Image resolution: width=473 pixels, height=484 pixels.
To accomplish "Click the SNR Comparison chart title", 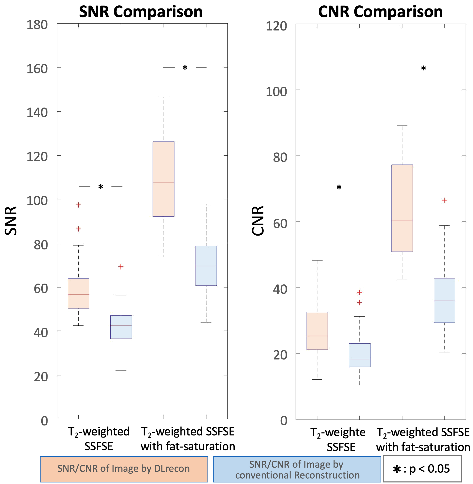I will tap(141, 12).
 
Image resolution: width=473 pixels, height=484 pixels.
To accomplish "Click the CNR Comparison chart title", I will tap(380, 12).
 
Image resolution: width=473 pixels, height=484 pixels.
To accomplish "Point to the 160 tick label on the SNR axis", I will tap(37, 69).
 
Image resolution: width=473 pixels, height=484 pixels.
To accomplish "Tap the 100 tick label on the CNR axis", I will tap(276, 92).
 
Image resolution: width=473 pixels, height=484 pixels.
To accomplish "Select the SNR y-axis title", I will tap(11, 221).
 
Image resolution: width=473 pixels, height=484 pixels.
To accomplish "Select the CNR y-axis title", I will tap(258, 221).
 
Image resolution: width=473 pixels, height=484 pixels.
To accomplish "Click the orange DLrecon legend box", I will tap(124, 469).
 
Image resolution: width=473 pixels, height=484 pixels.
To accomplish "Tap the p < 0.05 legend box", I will tap(422, 469).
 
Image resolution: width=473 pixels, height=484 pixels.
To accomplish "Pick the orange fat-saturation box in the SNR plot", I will tap(164, 179).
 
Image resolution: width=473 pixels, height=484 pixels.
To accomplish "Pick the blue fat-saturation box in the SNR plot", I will tap(206, 266).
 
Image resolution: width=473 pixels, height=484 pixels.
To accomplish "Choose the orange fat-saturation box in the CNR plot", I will tap(402, 208).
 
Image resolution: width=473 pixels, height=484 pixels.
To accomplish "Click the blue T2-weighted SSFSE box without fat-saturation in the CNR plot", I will tap(360, 355).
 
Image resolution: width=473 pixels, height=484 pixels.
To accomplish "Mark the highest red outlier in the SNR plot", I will tap(78, 205).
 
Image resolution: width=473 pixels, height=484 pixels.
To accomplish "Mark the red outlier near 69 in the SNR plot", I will tap(121, 267).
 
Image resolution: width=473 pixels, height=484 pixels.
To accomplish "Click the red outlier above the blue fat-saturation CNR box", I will tap(444, 200).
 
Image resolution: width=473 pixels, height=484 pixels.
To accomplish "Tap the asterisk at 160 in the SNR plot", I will tap(185, 67).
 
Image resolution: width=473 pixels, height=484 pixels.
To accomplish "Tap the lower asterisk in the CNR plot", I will tap(339, 187).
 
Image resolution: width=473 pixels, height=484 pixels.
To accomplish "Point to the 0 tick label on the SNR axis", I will tap(44, 421).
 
